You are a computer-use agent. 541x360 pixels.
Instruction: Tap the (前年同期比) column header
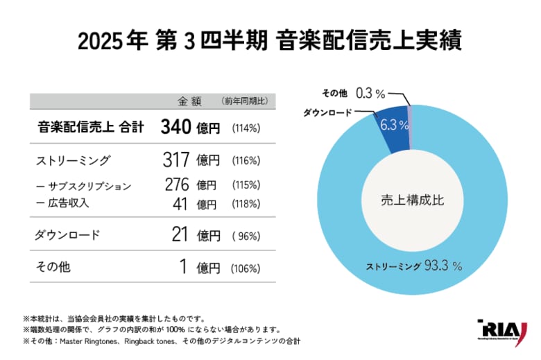tap(245, 101)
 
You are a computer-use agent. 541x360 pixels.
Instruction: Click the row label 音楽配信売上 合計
tap(89, 127)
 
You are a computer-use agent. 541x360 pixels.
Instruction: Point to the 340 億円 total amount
tap(190, 127)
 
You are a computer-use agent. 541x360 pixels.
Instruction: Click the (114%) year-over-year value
tap(246, 128)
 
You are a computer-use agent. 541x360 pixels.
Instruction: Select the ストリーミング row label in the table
tap(72, 161)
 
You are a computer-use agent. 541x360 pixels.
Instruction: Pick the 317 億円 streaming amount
tap(191, 160)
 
